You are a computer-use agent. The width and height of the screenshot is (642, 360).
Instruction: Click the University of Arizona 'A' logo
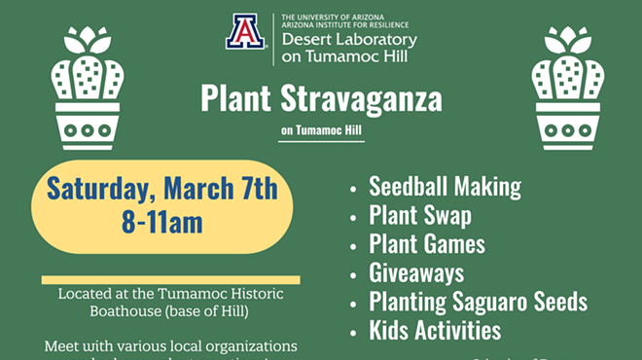point(245,31)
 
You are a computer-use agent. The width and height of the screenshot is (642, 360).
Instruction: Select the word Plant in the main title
point(231,99)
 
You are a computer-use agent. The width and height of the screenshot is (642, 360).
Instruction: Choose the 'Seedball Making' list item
point(445,187)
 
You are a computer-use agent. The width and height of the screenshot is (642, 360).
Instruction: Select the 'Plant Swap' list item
point(420,215)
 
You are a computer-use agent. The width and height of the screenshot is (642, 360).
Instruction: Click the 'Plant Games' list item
point(427,243)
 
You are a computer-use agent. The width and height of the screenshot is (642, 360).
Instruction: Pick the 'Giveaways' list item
point(416,272)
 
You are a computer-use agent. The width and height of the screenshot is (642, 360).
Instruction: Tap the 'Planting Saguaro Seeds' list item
point(478,301)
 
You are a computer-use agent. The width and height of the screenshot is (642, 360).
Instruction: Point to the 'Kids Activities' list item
point(435,330)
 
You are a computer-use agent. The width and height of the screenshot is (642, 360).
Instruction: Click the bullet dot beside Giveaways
point(354,273)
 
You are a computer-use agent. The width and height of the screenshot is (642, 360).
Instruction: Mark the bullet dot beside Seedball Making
point(354,188)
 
